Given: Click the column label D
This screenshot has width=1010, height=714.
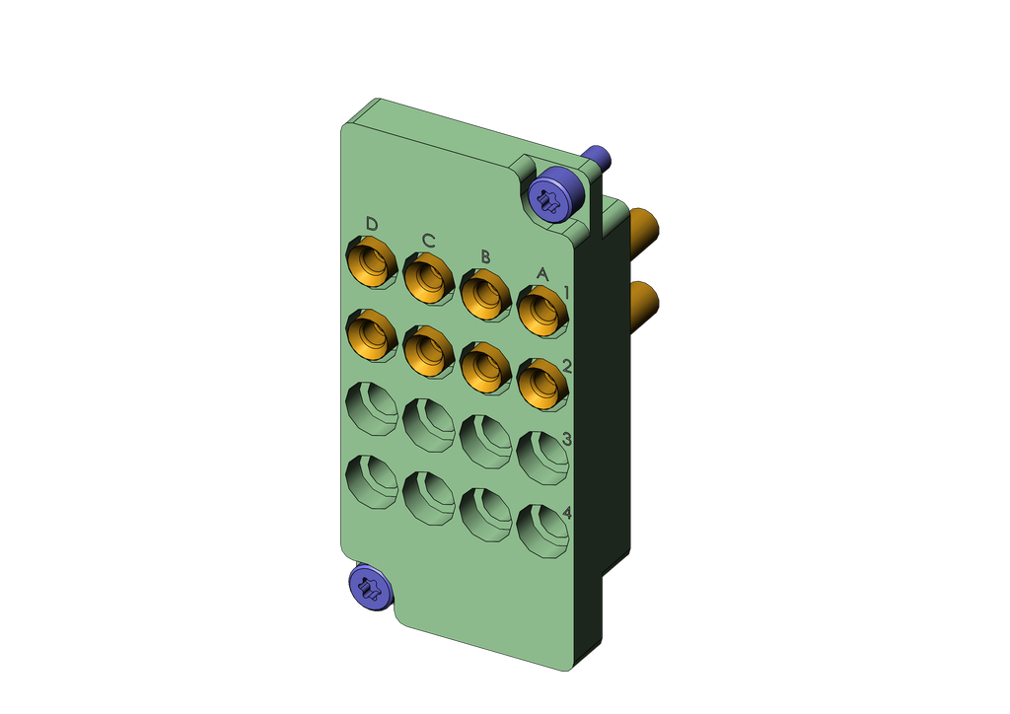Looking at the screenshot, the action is click(x=372, y=224).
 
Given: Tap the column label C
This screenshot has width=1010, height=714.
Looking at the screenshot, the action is click(x=429, y=241).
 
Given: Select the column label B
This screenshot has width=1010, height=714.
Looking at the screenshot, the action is click(x=485, y=257).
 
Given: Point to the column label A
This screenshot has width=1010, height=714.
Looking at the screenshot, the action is click(x=542, y=274).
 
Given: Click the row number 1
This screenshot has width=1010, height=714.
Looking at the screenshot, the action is click(x=567, y=294).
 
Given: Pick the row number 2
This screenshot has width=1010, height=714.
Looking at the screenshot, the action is click(x=567, y=366).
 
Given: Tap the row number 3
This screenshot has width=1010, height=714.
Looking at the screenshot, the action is click(x=567, y=440).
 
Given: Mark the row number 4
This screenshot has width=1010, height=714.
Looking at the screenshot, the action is click(x=567, y=513).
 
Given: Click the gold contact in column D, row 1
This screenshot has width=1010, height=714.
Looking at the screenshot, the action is click(x=372, y=263).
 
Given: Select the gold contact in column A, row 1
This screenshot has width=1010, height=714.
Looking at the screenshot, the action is click(x=543, y=313).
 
